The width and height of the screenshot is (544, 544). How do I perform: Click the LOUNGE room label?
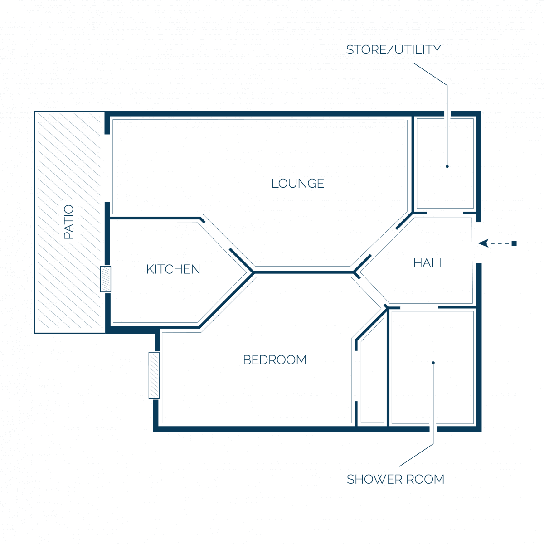tap(297, 184)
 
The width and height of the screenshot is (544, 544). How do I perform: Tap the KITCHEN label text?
tap(173, 269)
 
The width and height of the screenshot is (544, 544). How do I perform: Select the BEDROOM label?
tap(274, 359)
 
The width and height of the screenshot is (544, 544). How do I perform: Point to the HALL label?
tap(429, 263)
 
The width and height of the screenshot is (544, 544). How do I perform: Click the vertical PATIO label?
tap(68, 222)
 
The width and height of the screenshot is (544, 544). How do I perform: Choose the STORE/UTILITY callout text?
tap(393, 50)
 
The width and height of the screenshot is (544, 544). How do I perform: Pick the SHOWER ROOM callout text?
tap(395, 479)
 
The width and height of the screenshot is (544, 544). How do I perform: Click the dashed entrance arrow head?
tap(483, 243)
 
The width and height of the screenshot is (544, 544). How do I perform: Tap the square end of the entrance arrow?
tap(514, 243)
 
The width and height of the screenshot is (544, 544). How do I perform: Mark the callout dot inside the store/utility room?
tap(447, 166)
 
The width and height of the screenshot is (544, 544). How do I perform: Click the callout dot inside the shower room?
tap(433, 363)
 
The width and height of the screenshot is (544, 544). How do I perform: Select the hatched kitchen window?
tap(106, 279)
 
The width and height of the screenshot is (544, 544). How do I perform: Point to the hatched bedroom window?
tap(154, 375)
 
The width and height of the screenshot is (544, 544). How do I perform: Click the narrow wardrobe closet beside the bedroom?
tap(372, 375)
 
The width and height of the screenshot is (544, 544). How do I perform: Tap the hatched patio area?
tap(70, 222)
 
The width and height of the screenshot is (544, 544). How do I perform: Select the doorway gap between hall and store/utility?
tap(445, 213)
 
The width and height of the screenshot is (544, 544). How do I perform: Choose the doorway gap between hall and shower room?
tap(419, 307)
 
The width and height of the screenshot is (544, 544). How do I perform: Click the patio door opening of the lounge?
tap(107, 168)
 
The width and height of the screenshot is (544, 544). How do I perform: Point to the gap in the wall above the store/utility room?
tap(447, 114)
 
